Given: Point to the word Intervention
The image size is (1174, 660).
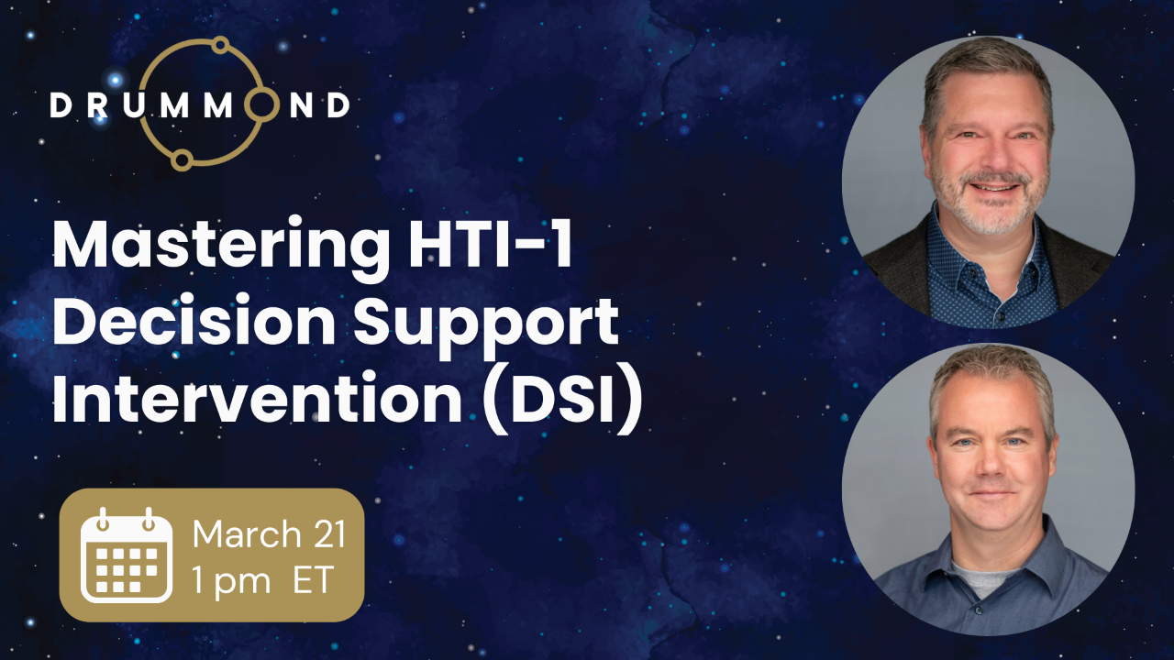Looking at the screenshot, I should click(x=257, y=400).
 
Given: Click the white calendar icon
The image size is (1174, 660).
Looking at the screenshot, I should click(x=126, y=555).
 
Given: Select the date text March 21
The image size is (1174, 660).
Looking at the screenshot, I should click(x=269, y=533).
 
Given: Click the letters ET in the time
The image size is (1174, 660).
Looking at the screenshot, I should click(x=312, y=581).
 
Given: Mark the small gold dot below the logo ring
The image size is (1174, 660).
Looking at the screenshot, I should click(x=182, y=160).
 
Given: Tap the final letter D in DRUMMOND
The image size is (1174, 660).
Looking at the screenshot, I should click(x=338, y=105).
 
